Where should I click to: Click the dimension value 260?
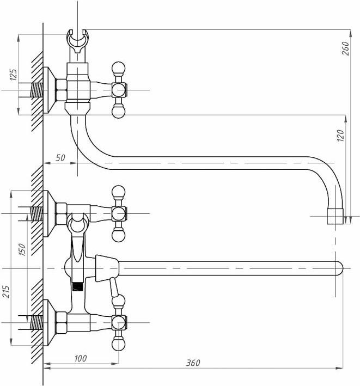tap(345, 48)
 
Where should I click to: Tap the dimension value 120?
tap(340, 136)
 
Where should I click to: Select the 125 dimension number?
tap(14, 75)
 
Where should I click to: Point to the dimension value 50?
tap(60, 158)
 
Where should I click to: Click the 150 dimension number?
tap(22, 249)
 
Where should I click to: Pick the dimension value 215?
tap(5, 292)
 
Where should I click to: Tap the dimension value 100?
tap(81, 358)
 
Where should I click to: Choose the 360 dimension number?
tap(193, 363)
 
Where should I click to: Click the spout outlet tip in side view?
tap(335, 217)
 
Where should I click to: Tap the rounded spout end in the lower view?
tap(339, 268)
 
